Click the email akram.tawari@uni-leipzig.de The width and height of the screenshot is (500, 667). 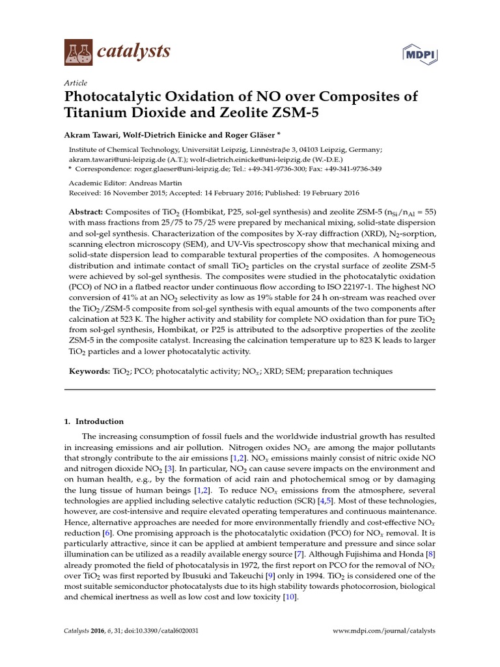(x=111, y=158)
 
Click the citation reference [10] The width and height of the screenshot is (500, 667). (x=290, y=597)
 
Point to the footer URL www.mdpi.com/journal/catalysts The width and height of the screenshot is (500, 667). (x=384, y=631)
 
